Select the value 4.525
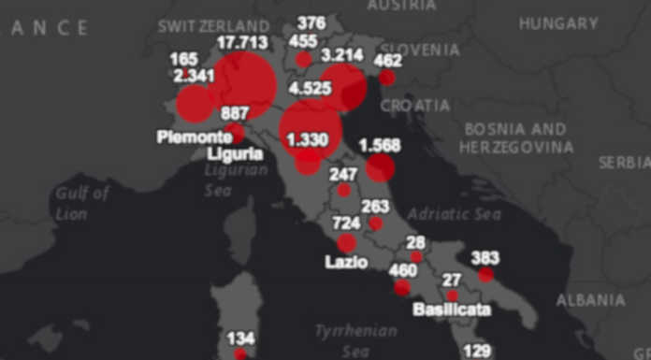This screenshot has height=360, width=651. click(x=312, y=90)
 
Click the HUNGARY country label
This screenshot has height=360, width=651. click(x=558, y=22)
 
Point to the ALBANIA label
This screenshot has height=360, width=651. click(x=590, y=300)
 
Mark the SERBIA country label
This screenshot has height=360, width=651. click(x=625, y=163)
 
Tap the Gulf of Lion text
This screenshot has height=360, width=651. click(x=82, y=203)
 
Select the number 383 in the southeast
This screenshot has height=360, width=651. click(x=484, y=257)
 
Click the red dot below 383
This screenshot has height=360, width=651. click(x=485, y=275)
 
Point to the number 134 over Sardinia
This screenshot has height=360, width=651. click(x=240, y=338)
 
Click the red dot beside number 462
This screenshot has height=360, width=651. click(x=386, y=78)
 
